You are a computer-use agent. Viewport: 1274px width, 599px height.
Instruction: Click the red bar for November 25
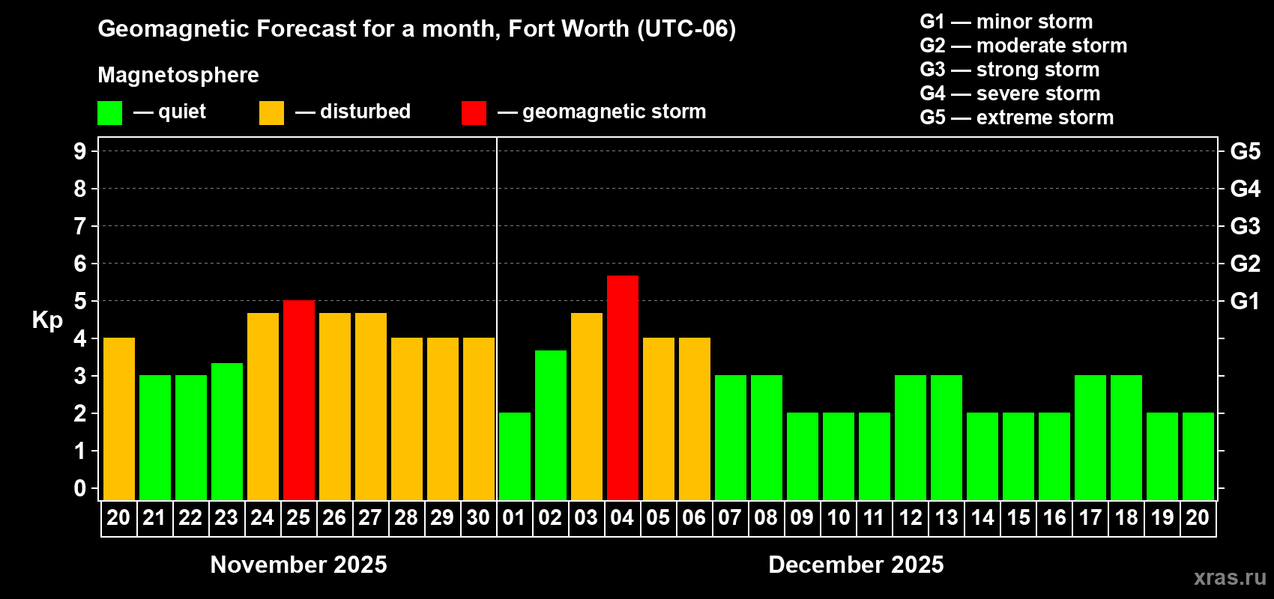299,400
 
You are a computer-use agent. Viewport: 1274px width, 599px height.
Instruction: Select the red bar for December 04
623,387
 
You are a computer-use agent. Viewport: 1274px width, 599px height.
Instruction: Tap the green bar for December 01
515,456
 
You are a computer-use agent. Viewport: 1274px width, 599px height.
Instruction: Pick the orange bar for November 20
119,419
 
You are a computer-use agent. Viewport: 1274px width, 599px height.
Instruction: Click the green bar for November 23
227,431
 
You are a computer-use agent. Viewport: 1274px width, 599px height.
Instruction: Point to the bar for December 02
551,425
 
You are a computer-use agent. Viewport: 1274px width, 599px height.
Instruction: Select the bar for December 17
1090,437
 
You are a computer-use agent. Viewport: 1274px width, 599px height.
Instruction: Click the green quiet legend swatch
109,113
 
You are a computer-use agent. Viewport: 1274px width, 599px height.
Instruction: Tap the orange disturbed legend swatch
271,113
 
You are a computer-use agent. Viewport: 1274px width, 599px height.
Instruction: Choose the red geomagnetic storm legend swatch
474,113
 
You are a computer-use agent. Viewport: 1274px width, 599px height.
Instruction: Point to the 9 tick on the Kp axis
80,151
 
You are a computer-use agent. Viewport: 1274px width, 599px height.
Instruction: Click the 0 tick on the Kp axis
80,488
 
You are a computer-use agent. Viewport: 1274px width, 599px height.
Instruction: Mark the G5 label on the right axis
1245,151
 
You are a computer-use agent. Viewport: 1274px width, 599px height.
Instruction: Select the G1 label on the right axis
1245,301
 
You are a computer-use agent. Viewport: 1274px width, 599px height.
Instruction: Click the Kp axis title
47,320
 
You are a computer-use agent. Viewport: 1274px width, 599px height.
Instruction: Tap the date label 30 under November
478,517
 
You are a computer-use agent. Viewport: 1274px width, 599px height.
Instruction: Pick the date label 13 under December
947,517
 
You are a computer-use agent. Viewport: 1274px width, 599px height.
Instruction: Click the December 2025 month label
856,565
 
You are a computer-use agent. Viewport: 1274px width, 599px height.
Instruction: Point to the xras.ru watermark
1230,577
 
